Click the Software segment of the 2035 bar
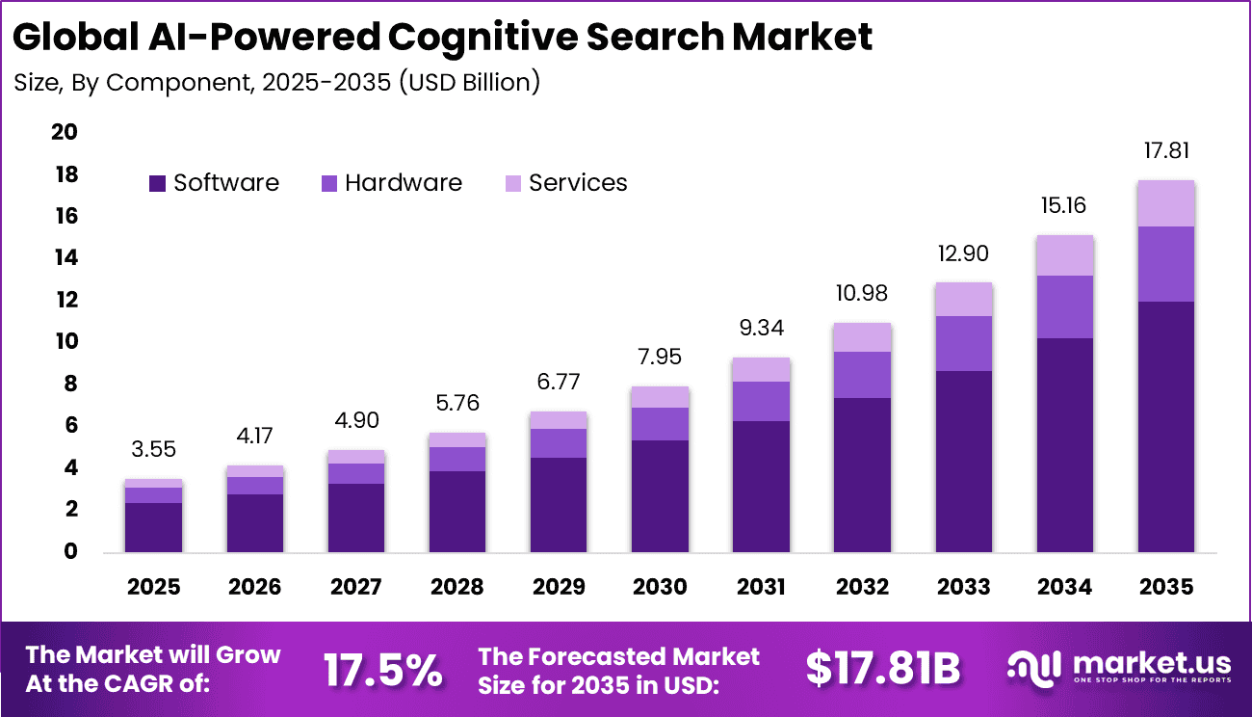tap(1165, 426)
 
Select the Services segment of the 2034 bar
tap(1064, 255)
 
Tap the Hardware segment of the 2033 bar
tap(963, 343)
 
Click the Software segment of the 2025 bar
tap(153, 527)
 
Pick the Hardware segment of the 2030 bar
tap(660, 424)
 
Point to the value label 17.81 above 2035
tap(1165, 151)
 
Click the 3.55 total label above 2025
tap(153, 449)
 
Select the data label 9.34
tap(761, 329)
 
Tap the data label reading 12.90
tap(963, 253)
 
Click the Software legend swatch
tap(158, 183)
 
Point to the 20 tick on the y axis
tap(65, 132)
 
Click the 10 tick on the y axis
tap(65, 342)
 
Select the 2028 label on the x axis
tap(456, 587)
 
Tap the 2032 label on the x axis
tap(862, 587)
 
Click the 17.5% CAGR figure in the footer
tap(383, 669)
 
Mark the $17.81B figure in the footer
tap(882, 669)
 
